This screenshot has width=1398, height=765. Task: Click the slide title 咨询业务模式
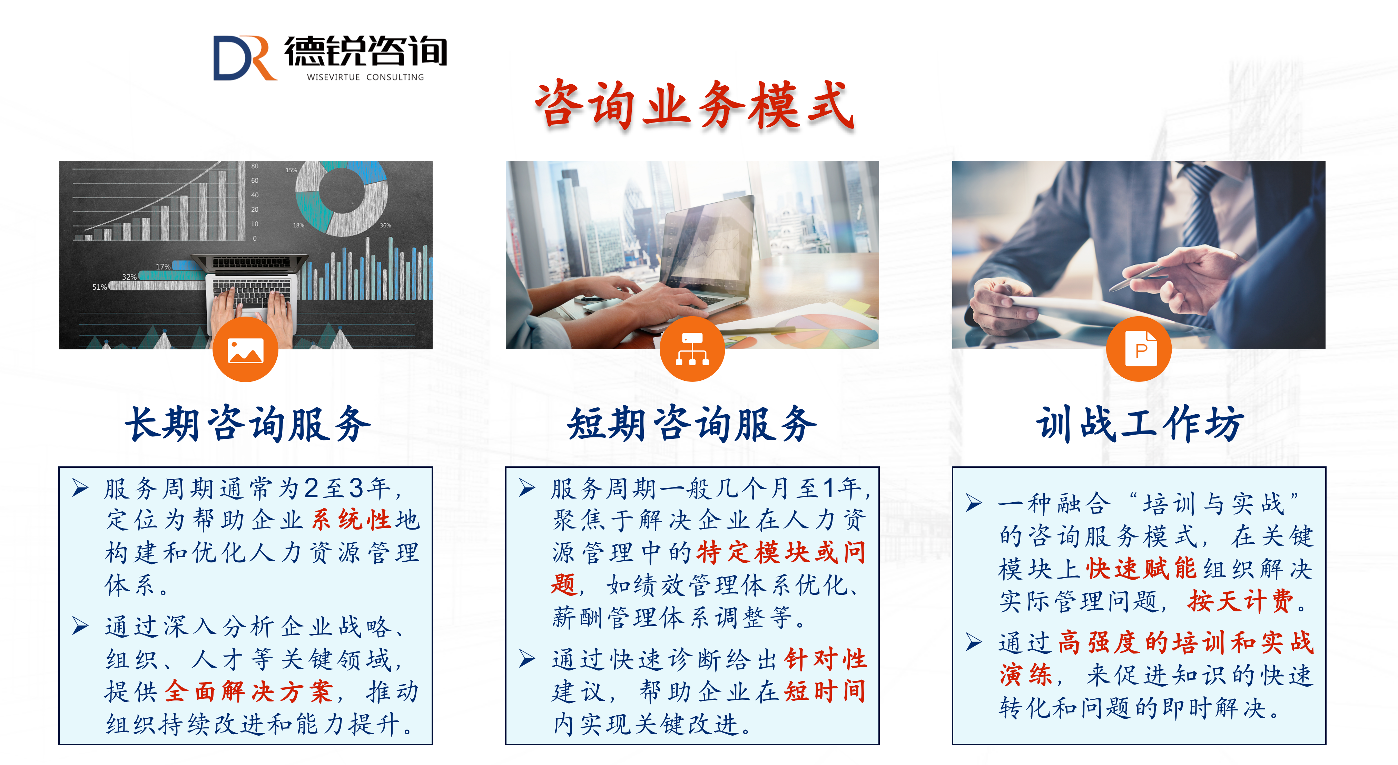tap(695, 105)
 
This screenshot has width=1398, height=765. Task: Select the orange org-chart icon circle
tap(692, 349)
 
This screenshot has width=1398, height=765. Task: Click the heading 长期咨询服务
tap(248, 424)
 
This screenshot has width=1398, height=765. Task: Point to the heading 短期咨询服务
tap(692, 424)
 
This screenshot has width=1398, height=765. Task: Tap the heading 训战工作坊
tap(1140, 424)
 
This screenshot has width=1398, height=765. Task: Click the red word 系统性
tap(352, 520)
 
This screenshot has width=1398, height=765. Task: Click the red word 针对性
tap(826, 659)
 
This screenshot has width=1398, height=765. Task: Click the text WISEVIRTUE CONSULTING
tap(365, 77)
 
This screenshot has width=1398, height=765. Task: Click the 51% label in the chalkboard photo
tap(99, 287)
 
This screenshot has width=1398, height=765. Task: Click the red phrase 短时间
tap(826, 691)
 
